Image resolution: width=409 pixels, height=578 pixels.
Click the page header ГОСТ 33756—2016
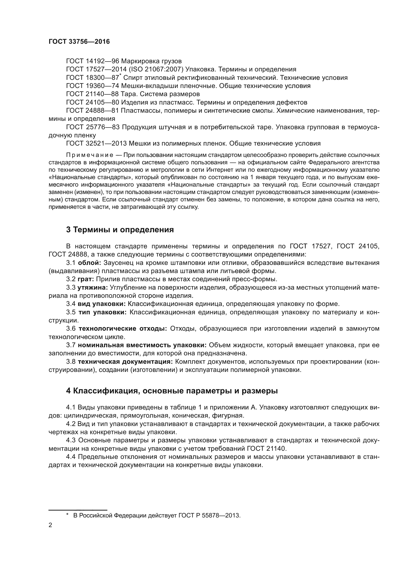79,42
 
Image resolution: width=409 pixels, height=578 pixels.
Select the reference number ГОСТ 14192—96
92,61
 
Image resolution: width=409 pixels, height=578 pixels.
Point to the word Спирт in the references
132,78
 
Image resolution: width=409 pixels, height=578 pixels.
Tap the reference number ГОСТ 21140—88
92,94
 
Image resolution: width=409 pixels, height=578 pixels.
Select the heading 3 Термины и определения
120,230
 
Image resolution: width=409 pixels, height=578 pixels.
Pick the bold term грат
86,279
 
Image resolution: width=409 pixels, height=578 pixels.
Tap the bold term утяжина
92,287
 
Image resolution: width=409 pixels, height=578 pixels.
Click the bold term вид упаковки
101,304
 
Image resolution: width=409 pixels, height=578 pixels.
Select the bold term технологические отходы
123,328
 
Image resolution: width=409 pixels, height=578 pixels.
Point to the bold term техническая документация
125,362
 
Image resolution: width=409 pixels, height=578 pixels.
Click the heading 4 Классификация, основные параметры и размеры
172,391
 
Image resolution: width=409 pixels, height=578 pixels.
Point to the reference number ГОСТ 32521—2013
96,144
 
